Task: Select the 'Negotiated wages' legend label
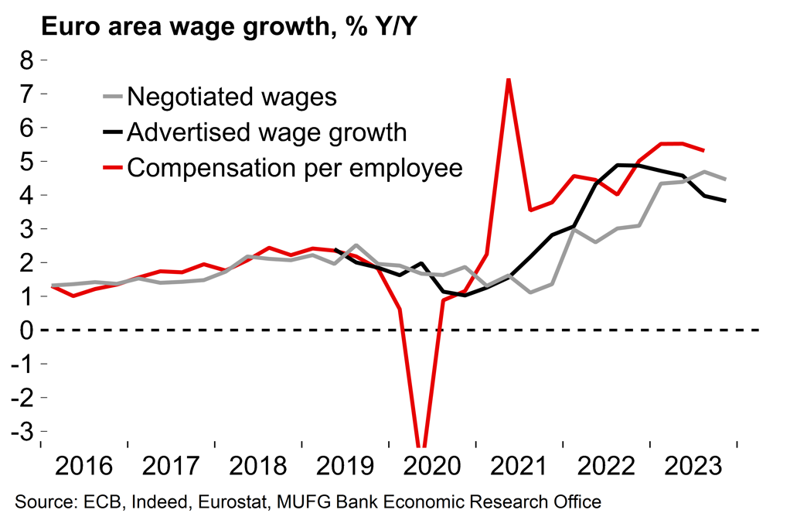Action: pyautogui.click(x=232, y=97)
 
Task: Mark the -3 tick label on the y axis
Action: pyautogui.click(x=23, y=431)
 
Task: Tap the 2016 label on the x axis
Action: pyautogui.click(x=84, y=467)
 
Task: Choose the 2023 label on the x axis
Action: pyautogui.click(x=695, y=467)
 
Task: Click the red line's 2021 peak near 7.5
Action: pyautogui.click(x=508, y=79)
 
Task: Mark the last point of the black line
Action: pyautogui.click(x=725, y=200)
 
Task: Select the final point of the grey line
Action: pyautogui.click(x=725, y=180)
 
